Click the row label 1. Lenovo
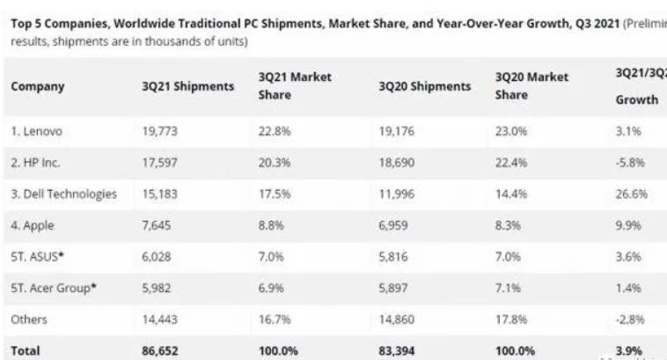(x=37, y=133)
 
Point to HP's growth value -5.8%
(x=631, y=162)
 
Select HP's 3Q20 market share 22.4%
(x=510, y=162)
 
